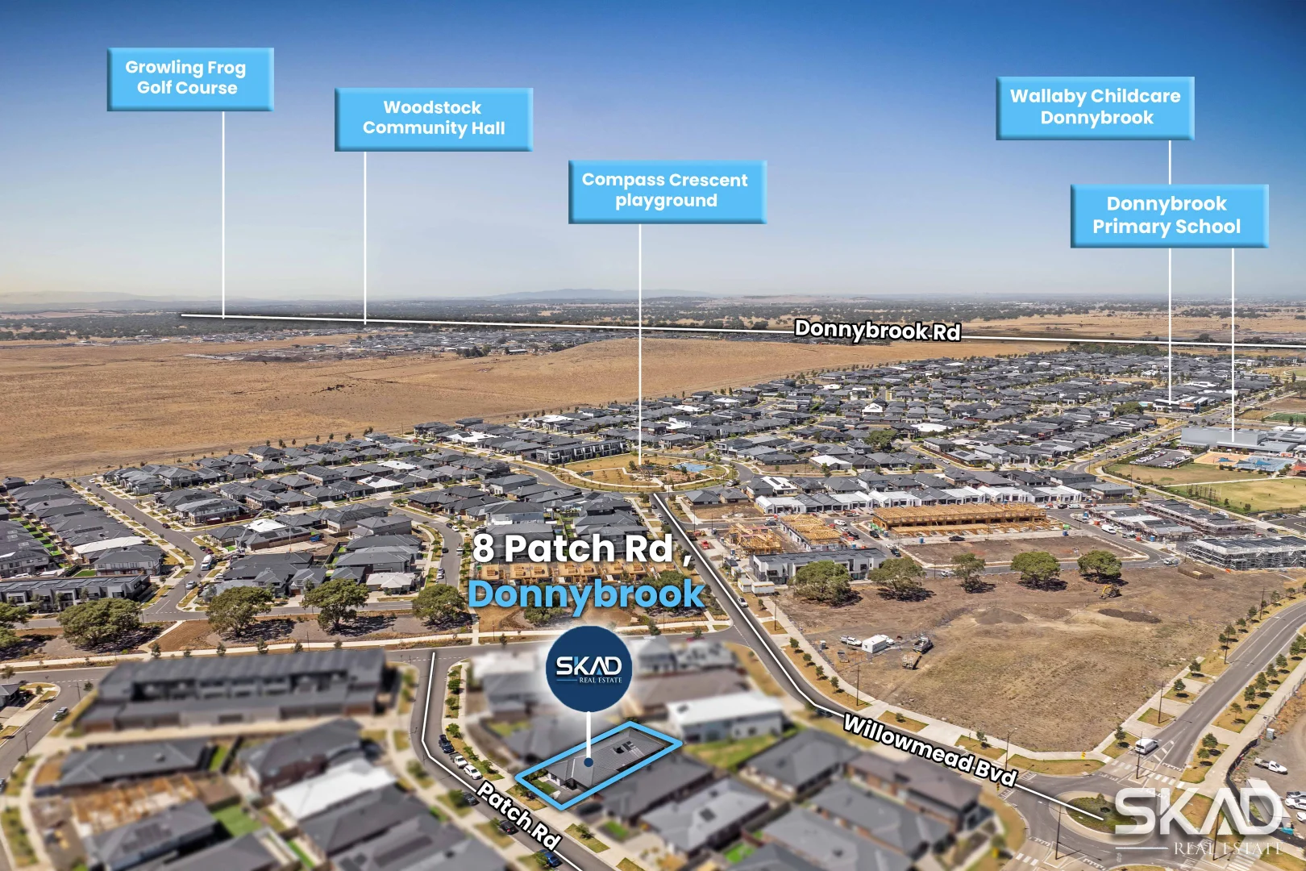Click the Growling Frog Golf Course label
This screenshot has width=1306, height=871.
tap(189, 78)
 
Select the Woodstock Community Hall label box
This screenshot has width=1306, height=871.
tap(433, 119)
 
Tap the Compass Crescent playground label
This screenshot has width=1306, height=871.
tap(666, 191)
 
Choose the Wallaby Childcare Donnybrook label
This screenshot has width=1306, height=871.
tap(1095, 107)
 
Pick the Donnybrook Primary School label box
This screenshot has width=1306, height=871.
tap(1168, 215)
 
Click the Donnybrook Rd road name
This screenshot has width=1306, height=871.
tap(877, 330)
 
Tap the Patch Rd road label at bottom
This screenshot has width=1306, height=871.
tap(518, 815)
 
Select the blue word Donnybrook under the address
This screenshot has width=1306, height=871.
tap(587, 594)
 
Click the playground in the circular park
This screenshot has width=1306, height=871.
tap(689, 467)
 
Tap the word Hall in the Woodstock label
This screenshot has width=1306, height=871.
tap(489, 128)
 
